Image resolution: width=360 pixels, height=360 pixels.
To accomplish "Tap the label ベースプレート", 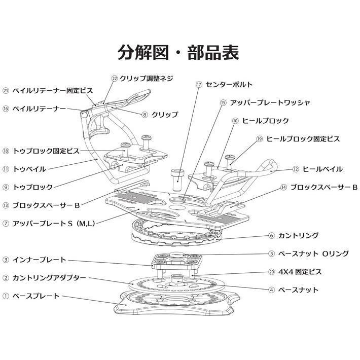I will (x=36, y=296).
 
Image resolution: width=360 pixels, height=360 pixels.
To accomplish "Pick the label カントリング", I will (x=301, y=235).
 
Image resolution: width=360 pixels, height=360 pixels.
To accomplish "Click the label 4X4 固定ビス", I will (x=301, y=272).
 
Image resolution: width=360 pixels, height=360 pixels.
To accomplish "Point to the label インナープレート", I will (x=40, y=260).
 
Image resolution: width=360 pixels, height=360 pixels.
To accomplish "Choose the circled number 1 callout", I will (x=6, y=296).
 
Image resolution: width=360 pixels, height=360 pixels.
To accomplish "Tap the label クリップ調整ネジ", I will (x=147, y=79).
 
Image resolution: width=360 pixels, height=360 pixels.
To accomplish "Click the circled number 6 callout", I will (x=272, y=235).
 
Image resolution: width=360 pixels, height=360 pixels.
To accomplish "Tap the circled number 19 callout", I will (x=259, y=138).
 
